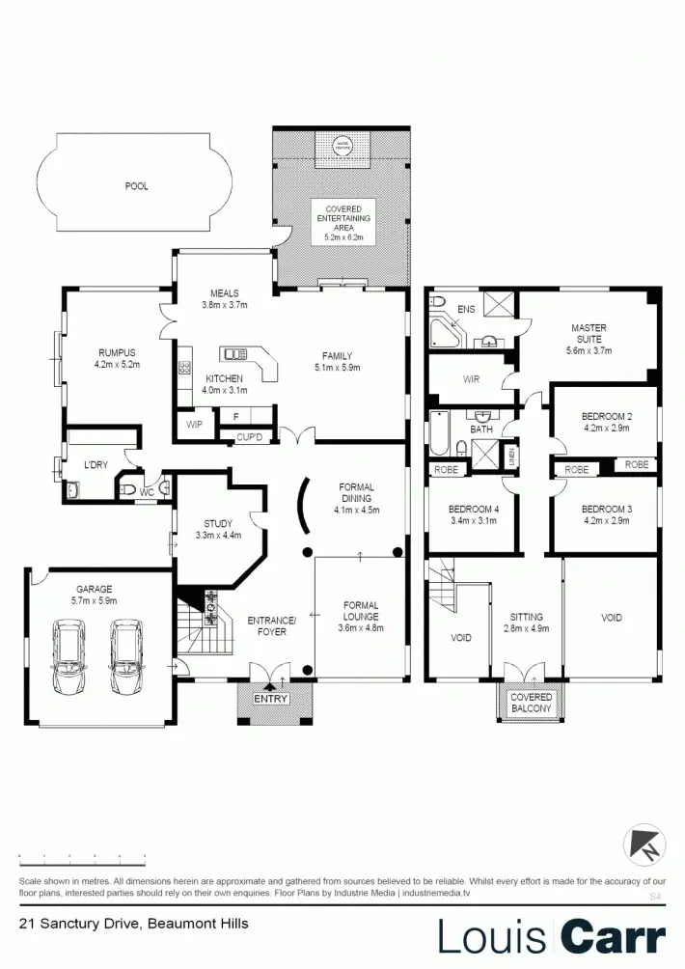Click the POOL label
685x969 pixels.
pyautogui.click(x=137, y=186)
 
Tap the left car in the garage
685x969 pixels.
pyautogui.click(x=69, y=656)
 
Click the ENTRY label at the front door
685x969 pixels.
pyautogui.click(x=271, y=699)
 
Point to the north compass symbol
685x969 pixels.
pyautogui.click(x=644, y=844)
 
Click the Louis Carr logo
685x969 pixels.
pyautogui.click(x=551, y=936)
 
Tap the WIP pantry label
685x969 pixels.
pyautogui.click(x=194, y=425)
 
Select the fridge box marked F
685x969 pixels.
pyautogui.click(x=235, y=417)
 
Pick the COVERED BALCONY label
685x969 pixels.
pyautogui.click(x=531, y=703)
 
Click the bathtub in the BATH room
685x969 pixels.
pyautogui.click(x=439, y=433)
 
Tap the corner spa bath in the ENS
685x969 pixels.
pyautogui.click(x=445, y=330)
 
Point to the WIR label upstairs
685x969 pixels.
pyautogui.click(x=471, y=379)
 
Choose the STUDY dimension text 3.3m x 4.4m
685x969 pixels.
pyautogui.click(x=217, y=535)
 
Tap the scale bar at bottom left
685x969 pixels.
pyautogui.click(x=82, y=856)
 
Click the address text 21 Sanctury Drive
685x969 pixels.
pyautogui.click(x=133, y=924)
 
